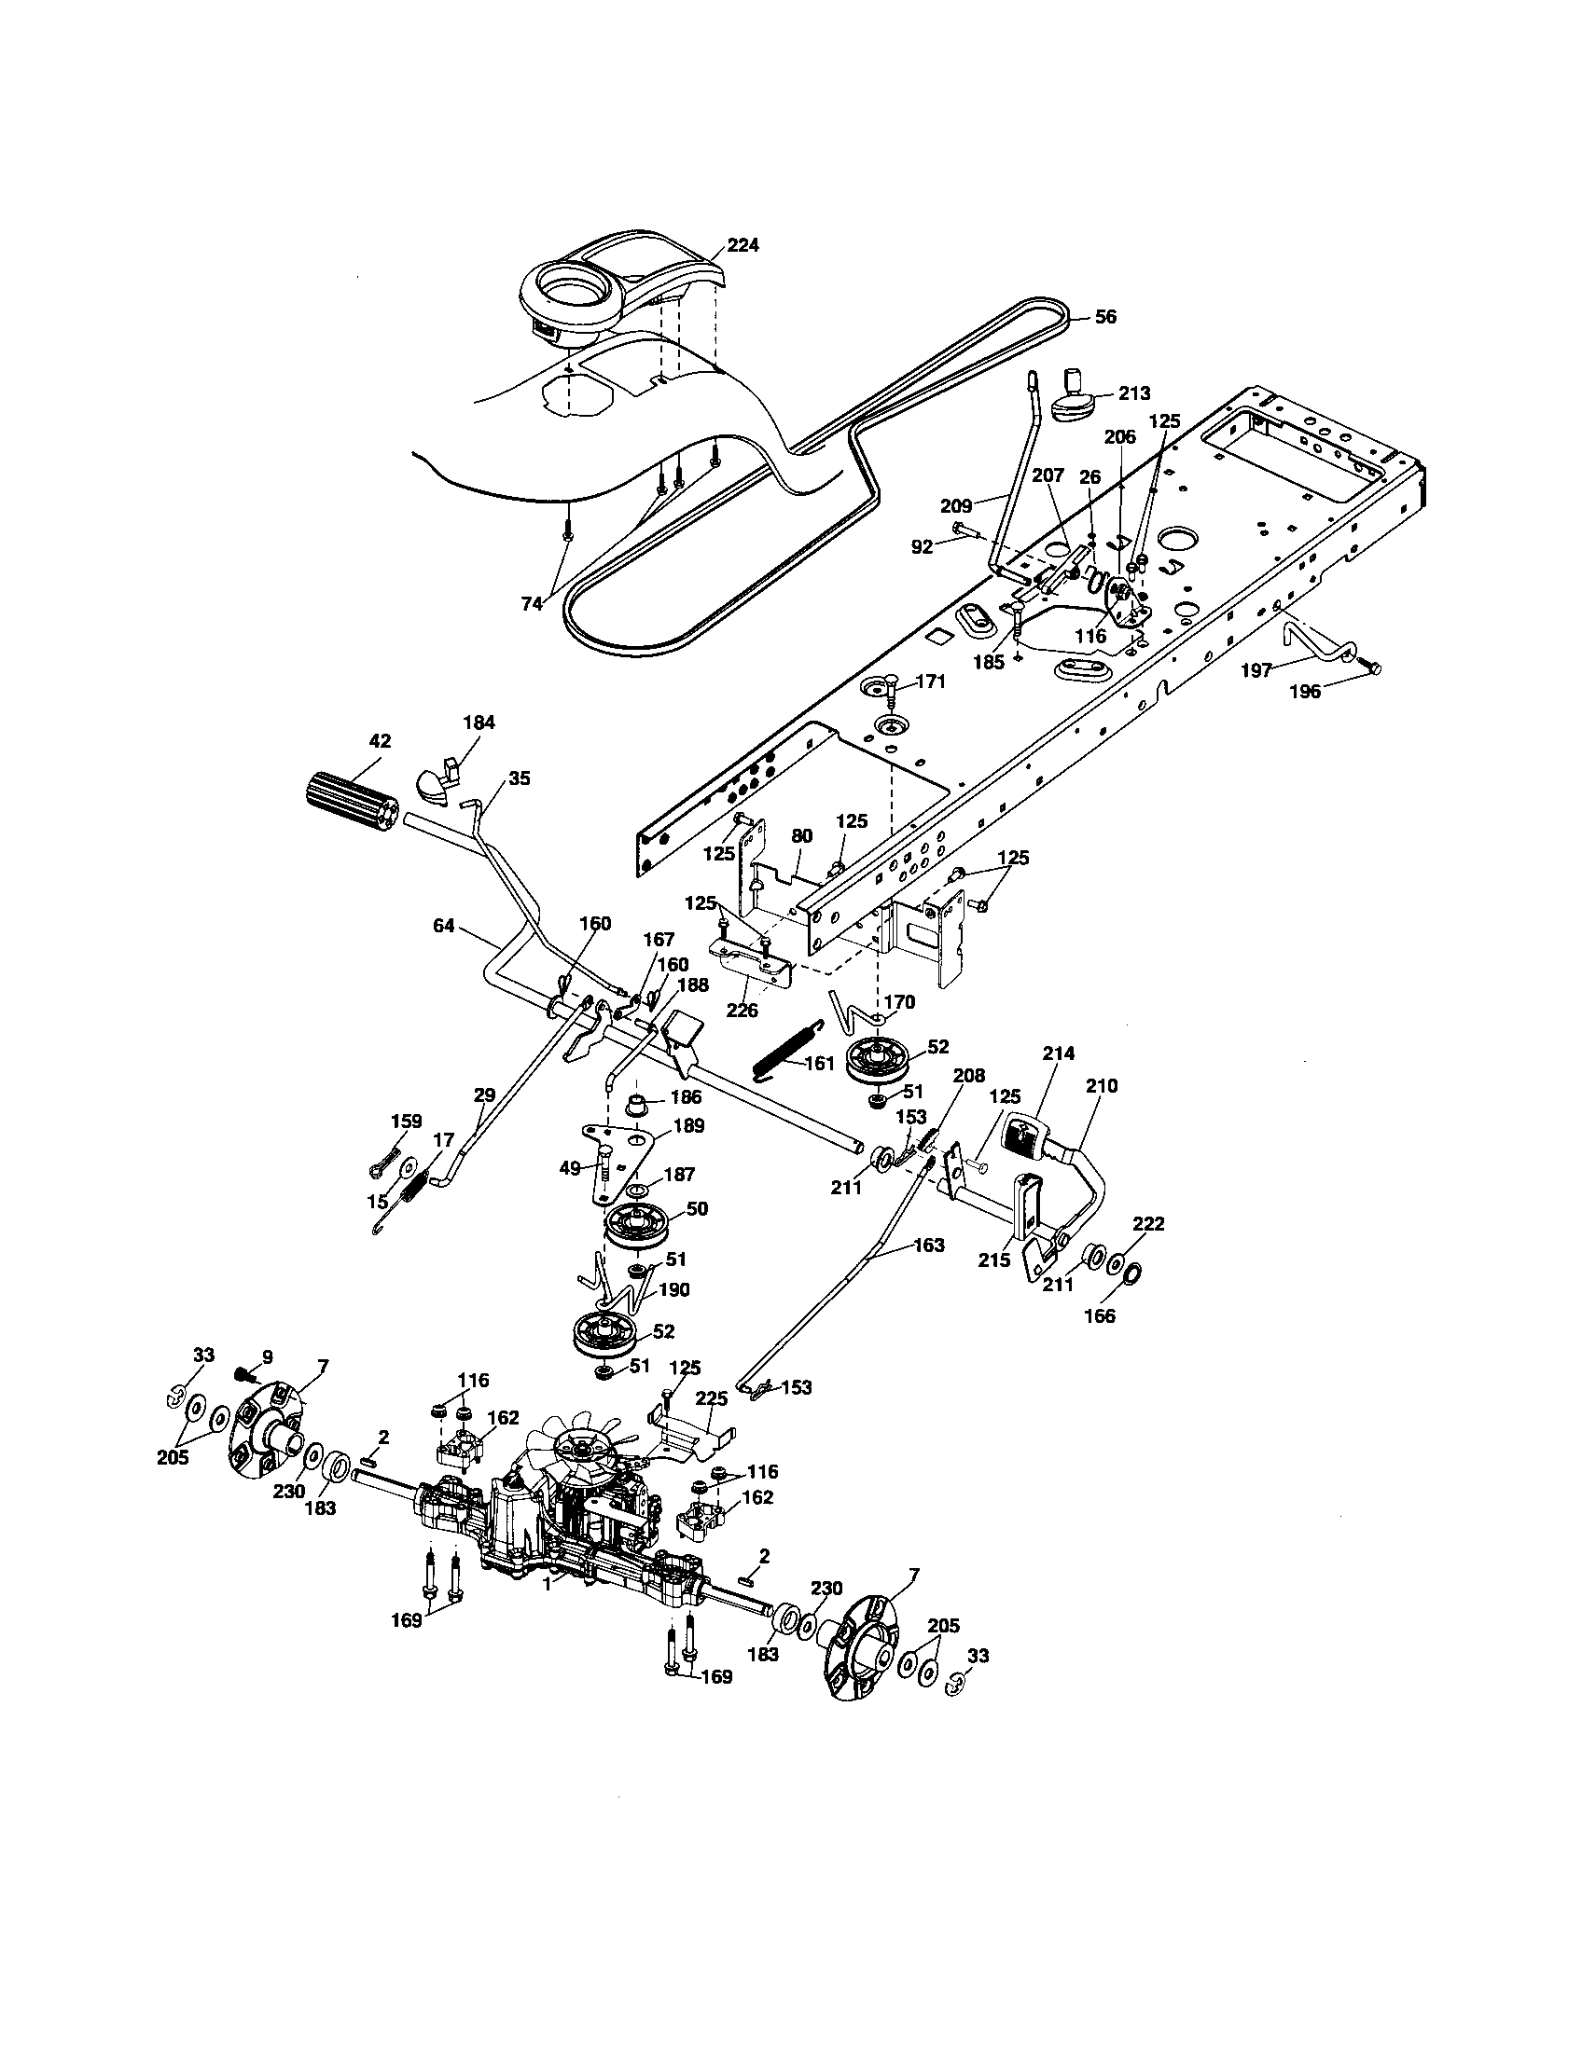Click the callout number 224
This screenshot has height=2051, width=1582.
point(743,244)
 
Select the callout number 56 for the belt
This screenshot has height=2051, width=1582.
point(1105,316)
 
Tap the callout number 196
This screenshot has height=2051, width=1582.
point(1304,691)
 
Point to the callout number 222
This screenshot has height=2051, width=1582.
point(1148,1223)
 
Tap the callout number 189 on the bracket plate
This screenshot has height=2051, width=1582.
point(688,1125)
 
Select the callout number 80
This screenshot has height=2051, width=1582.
point(801,836)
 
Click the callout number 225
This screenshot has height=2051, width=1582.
point(711,1424)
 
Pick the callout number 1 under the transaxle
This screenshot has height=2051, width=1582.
point(547,1582)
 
